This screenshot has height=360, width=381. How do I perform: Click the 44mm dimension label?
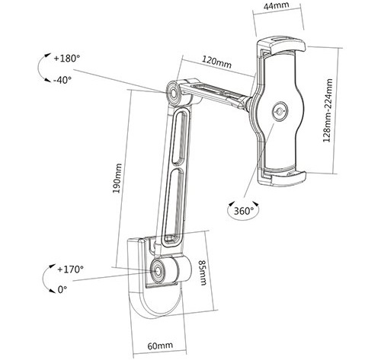[x=276, y=6]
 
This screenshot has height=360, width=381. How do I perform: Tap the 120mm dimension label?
[x=216, y=62]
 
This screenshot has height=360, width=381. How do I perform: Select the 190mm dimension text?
[x=117, y=178]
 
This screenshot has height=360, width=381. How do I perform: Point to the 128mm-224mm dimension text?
[x=328, y=110]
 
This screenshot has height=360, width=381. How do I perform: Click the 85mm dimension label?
[x=203, y=272]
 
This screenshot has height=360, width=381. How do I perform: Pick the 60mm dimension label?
[x=160, y=346]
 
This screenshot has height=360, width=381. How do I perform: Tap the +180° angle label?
[x=67, y=59]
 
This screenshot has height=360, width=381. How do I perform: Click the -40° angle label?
[x=62, y=80]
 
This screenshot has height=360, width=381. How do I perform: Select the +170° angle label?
[x=70, y=269]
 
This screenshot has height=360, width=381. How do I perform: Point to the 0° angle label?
[x=62, y=289]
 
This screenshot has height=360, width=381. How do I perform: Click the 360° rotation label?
[x=244, y=211]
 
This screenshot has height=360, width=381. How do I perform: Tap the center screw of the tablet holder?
[x=280, y=111]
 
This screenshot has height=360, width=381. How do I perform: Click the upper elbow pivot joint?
[x=174, y=93]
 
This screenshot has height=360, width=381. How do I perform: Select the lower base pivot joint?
[x=158, y=271]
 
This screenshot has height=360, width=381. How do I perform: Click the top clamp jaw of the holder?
[x=281, y=46]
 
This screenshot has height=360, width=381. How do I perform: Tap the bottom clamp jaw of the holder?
[x=282, y=177]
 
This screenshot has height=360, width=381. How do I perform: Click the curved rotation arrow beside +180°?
[x=40, y=68]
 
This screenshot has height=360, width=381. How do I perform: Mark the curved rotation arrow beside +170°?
[x=43, y=279]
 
